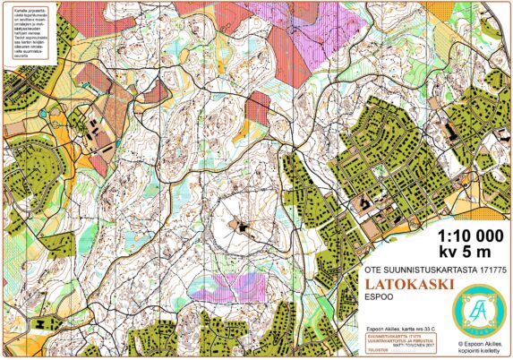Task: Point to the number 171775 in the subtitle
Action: (x=484, y=268)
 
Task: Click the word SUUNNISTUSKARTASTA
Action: (x=426, y=268)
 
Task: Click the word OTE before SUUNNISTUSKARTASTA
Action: (x=375, y=268)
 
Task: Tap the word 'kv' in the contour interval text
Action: (x=445, y=252)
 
